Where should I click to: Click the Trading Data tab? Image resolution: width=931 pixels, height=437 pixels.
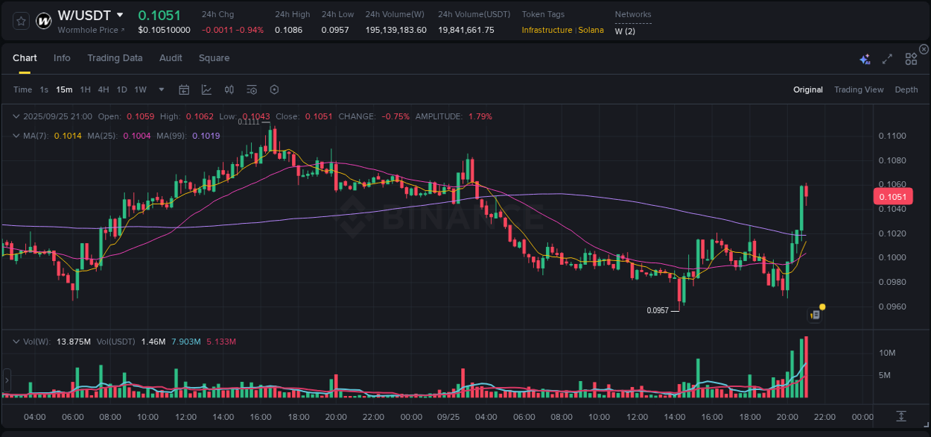pyautogui.click(x=115, y=58)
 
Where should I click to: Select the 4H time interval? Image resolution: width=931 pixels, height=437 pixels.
pyautogui.click(x=104, y=89)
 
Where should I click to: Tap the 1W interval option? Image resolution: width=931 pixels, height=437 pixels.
pyautogui.click(x=140, y=89)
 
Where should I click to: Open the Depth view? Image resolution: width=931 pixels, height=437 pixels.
pyautogui.click(x=906, y=89)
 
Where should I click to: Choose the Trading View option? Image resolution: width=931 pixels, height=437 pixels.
pyautogui.click(x=858, y=89)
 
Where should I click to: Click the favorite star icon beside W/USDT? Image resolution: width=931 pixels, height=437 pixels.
pyautogui.click(x=21, y=21)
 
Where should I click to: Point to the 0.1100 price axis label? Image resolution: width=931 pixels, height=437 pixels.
pyautogui.click(x=892, y=136)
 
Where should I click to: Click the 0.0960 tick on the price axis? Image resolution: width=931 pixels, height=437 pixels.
pyautogui.click(x=892, y=306)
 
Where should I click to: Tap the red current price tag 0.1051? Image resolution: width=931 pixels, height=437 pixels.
pyautogui.click(x=892, y=197)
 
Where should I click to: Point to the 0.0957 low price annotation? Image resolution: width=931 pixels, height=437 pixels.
pyautogui.click(x=658, y=310)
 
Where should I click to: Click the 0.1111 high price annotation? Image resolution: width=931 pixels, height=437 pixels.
pyautogui.click(x=249, y=122)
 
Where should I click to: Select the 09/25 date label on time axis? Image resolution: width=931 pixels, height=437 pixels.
pyautogui.click(x=448, y=417)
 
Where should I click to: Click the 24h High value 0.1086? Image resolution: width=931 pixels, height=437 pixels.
pyautogui.click(x=288, y=30)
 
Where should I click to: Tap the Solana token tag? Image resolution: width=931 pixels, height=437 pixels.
pyautogui.click(x=591, y=30)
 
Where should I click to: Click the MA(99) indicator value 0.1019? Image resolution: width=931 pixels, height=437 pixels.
pyautogui.click(x=206, y=136)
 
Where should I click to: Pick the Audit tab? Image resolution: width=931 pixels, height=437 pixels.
pyautogui.click(x=171, y=58)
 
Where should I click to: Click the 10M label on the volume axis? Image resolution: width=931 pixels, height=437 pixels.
pyautogui.click(x=886, y=353)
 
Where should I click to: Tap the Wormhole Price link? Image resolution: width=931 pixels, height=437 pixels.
pyautogui.click(x=91, y=30)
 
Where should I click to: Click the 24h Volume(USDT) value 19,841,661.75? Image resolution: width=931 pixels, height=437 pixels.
pyautogui.click(x=465, y=30)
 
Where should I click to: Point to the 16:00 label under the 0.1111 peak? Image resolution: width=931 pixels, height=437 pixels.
pyautogui.click(x=261, y=417)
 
